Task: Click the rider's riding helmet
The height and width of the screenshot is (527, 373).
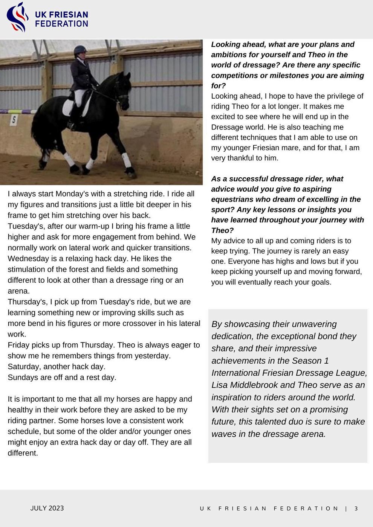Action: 80,50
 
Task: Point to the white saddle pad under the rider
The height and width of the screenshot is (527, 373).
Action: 69,107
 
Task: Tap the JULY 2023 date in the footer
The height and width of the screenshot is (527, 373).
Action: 47,508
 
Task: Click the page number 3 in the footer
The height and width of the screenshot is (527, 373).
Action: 356,509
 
